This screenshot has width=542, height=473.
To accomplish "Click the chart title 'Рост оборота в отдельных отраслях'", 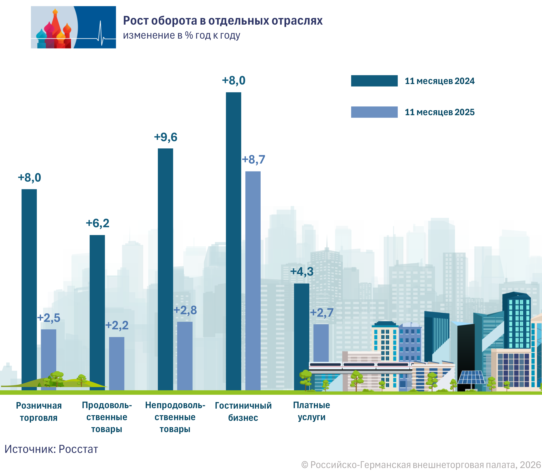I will [x=222, y=21].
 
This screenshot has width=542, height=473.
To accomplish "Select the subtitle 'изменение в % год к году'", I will [x=182, y=35].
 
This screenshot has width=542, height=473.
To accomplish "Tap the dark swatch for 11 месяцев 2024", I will [x=374, y=81].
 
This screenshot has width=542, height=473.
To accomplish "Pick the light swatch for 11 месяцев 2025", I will [x=374, y=112].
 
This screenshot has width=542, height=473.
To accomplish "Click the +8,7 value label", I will [x=253, y=160].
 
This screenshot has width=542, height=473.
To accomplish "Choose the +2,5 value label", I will [x=49, y=318].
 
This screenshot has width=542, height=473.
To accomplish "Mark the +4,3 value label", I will [x=302, y=272].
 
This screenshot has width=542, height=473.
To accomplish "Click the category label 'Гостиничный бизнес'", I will [x=243, y=412].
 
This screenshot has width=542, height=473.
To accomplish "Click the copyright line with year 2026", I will [x=421, y=465].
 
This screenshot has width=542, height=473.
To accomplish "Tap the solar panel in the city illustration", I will [x=471, y=377].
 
